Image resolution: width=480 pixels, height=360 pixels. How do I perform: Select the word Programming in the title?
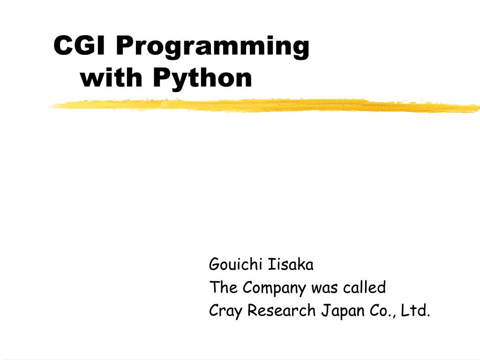(212, 48)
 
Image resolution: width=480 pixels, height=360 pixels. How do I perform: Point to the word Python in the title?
(202, 79)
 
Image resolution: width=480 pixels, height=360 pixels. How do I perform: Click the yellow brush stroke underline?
(262, 106)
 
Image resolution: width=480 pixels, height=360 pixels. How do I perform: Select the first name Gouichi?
(234, 265)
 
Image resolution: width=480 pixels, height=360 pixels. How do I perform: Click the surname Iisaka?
(291, 265)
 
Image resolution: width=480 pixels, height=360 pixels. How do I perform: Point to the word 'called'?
(364, 287)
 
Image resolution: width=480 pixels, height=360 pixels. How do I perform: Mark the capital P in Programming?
(123, 46)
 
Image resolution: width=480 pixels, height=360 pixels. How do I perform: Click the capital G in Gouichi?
(214, 265)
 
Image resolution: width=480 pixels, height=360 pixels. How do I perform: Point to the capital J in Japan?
(324, 310)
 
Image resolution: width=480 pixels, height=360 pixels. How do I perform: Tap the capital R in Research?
(252, 310)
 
